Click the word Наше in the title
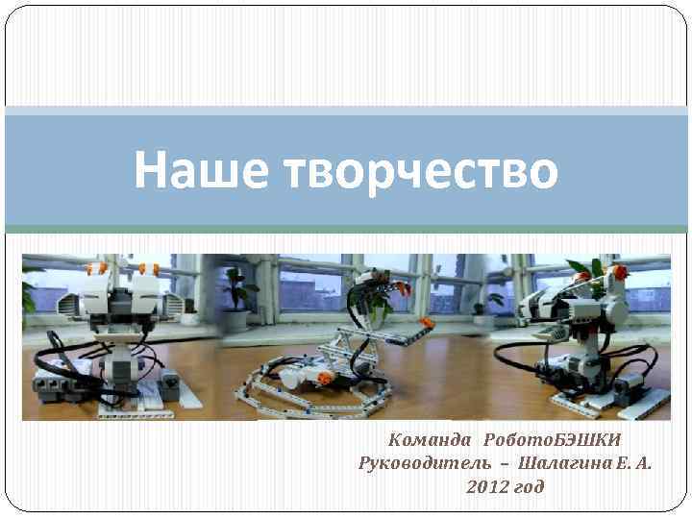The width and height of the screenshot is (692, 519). [x=197, y=170]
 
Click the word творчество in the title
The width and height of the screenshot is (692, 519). [x=421, y=170]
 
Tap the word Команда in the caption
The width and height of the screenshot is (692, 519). [x=430, y=440]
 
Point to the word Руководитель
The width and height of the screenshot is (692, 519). [x=423, y=463]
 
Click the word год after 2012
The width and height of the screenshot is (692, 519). [x=530, y=487]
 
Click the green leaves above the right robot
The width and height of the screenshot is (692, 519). [x=582, y=266]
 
